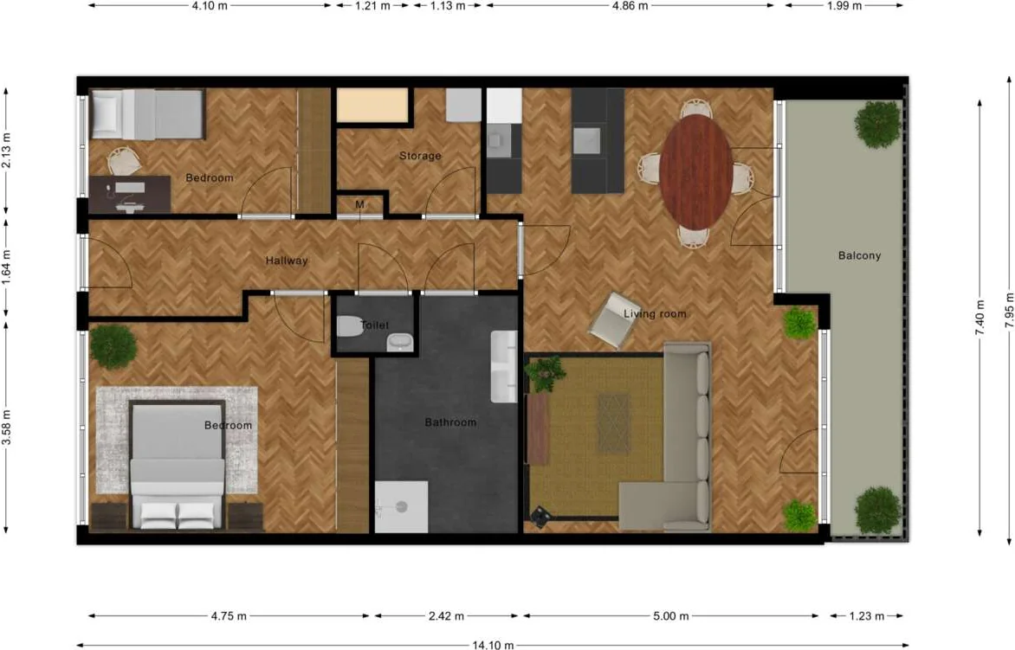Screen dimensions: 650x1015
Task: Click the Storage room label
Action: (x=420, y=156)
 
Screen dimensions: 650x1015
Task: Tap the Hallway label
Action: (x=287, y=261)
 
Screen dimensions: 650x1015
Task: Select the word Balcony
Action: (x=859, y=255)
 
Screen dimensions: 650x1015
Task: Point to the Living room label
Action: (x=655, y=313)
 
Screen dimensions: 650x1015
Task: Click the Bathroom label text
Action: (x=450, y=422)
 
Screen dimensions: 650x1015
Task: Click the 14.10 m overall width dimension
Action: (x=493, y=645)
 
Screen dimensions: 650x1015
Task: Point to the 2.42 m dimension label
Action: (x=446, y=616)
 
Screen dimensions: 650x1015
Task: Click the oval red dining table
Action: (x=696, y=171)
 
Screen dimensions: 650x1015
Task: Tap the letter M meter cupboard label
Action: (x=359, y=205)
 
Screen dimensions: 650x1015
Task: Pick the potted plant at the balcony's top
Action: (x=877, y=124)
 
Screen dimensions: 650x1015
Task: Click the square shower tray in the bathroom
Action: (x=401, y=506)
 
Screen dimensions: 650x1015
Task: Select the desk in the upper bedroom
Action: (x=130, y=194)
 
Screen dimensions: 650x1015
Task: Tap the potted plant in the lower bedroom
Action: (x=113, y=346)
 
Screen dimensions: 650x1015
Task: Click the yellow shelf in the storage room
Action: (x=372, y=105)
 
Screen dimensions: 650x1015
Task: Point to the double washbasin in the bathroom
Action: (x=504, y=366)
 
